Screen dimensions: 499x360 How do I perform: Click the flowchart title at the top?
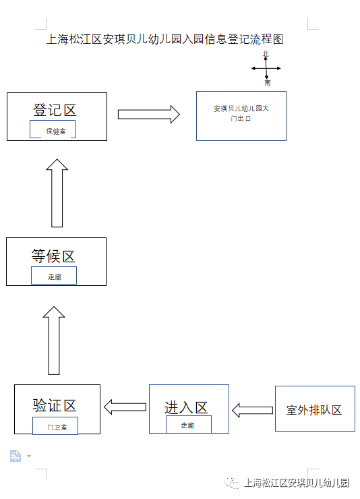tap(165, 40)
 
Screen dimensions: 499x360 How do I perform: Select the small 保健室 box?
tap(54, 130)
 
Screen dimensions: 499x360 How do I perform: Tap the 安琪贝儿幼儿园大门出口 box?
tap(241, 115)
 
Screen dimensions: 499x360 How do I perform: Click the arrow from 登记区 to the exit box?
tap(148, 114)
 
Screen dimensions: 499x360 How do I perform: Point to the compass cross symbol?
tap(266, 68)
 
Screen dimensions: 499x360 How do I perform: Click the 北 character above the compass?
tap(266, 54)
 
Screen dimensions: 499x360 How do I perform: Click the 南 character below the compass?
tap(268, 83)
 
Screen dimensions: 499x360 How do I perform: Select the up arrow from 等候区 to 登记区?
tap(57, 193)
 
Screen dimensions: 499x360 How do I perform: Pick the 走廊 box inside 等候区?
tap(54, 276)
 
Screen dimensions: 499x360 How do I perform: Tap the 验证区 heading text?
tap(55, 405)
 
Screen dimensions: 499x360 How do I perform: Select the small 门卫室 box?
tap(55, 426)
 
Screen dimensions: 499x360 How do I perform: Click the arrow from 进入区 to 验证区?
tap(125, 407)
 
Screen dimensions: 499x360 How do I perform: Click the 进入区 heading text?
tap(186, 408)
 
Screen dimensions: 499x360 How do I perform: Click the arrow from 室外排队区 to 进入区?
tap(252, 409)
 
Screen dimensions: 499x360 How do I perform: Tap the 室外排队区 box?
tap(314, 409)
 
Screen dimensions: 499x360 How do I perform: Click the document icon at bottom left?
tap(16, 456)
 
